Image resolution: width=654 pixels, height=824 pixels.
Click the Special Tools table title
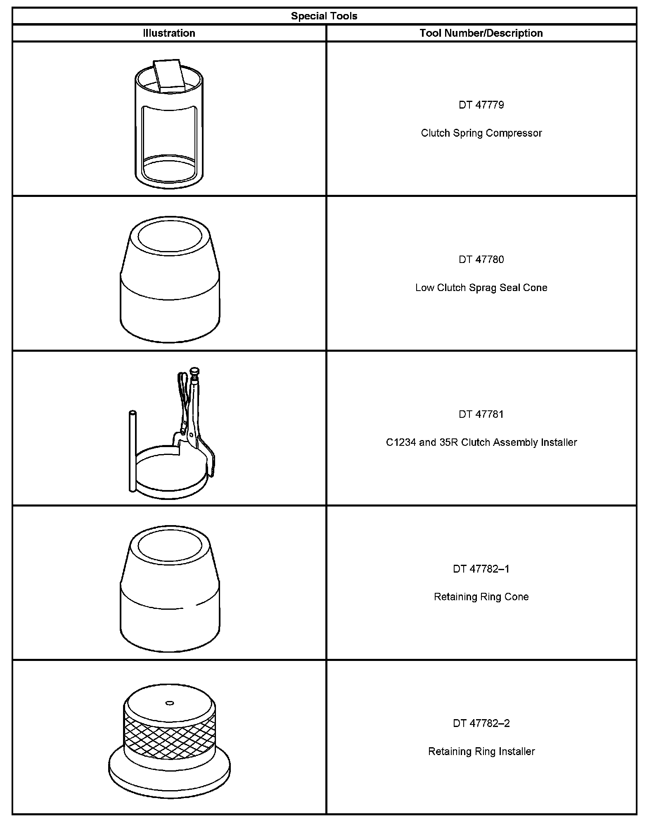pyautogui.click(x=324, y=16)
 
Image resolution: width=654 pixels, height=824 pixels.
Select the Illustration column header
pyautogui.click(x=169, y=33)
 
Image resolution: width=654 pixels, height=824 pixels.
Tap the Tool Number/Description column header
pyautogui.click(x=481, y=33)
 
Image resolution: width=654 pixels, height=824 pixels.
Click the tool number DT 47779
pyautogui.click(x=481, y=105)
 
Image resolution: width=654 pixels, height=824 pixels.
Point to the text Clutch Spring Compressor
pyautogui.click(x=481, y=133)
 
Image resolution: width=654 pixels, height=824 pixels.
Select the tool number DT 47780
pyautogui.click(x=481, y=259)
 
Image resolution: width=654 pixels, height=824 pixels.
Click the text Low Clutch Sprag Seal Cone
pyautogui.click(x=481, y=288)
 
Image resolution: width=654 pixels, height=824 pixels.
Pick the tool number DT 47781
pyautogui.click(x=481, y=414)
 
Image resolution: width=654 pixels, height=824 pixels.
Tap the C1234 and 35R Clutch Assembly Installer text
pyautogui.click(x=481, y=443)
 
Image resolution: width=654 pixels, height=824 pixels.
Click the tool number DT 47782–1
pyautogui.click(x=481, y=569)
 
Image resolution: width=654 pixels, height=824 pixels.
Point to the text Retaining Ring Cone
pyautogui.click(x=481, y=597)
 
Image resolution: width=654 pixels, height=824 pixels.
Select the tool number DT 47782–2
pyautogui.click(x=481, y=723)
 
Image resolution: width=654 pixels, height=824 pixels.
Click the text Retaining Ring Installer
pyautogui.click(x=481, y=751)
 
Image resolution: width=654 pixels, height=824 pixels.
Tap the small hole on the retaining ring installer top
pyautogui.click(x=169, y=703)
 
